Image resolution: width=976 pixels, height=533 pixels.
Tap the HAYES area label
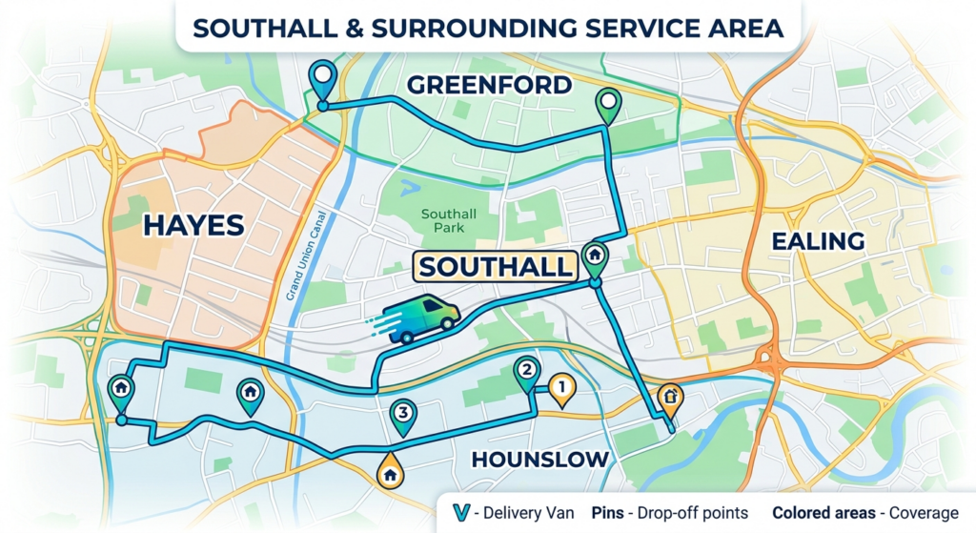(x=193, y=225)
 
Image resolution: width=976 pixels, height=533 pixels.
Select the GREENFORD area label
(x=489, y=85)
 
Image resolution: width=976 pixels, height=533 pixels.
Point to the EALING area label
(x=817, y=240)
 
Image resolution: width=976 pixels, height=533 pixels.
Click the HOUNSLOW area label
(x=540, y=460)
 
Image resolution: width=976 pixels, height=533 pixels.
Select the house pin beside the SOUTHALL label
(x=595, y=256)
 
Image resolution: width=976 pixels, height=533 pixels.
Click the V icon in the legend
(x=461, y=512)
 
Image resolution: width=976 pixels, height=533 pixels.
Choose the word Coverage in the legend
(x=924, y=512)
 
